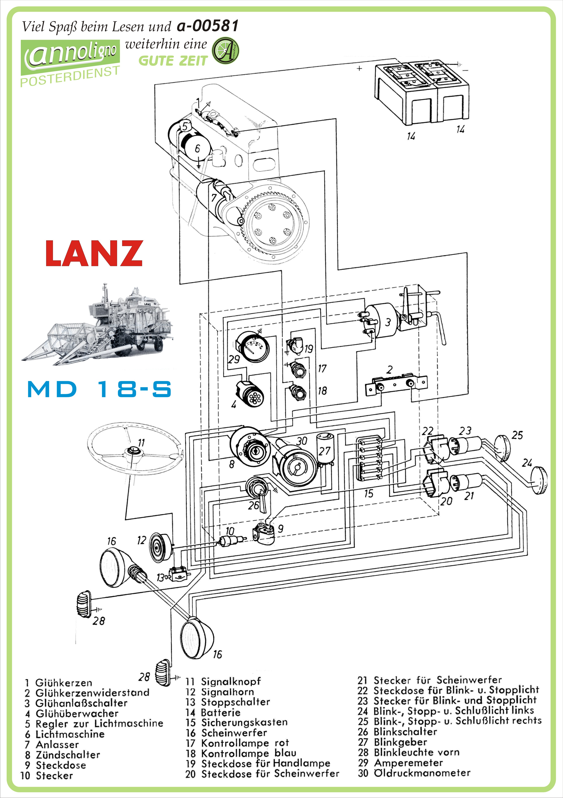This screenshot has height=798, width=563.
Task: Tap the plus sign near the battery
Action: (x=360, y=68)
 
